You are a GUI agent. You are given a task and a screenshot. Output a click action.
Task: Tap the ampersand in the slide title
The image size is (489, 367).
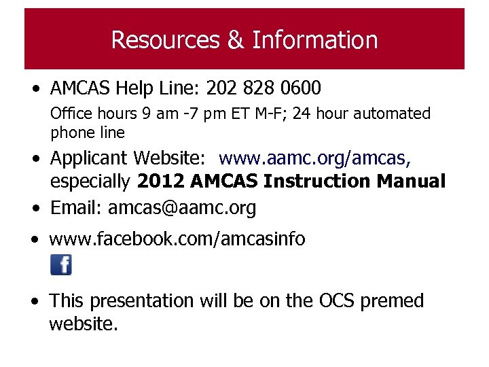236,40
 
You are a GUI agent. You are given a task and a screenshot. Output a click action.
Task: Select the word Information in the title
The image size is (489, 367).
314,40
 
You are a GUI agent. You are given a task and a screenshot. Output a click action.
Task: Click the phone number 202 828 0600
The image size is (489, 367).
263,88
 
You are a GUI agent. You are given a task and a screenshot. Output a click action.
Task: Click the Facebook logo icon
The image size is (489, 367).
61,264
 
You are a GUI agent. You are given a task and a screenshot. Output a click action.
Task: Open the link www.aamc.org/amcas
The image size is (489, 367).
314,158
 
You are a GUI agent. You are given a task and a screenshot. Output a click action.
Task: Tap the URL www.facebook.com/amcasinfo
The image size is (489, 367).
177,239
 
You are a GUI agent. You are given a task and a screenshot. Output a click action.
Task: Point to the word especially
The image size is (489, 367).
91,182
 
